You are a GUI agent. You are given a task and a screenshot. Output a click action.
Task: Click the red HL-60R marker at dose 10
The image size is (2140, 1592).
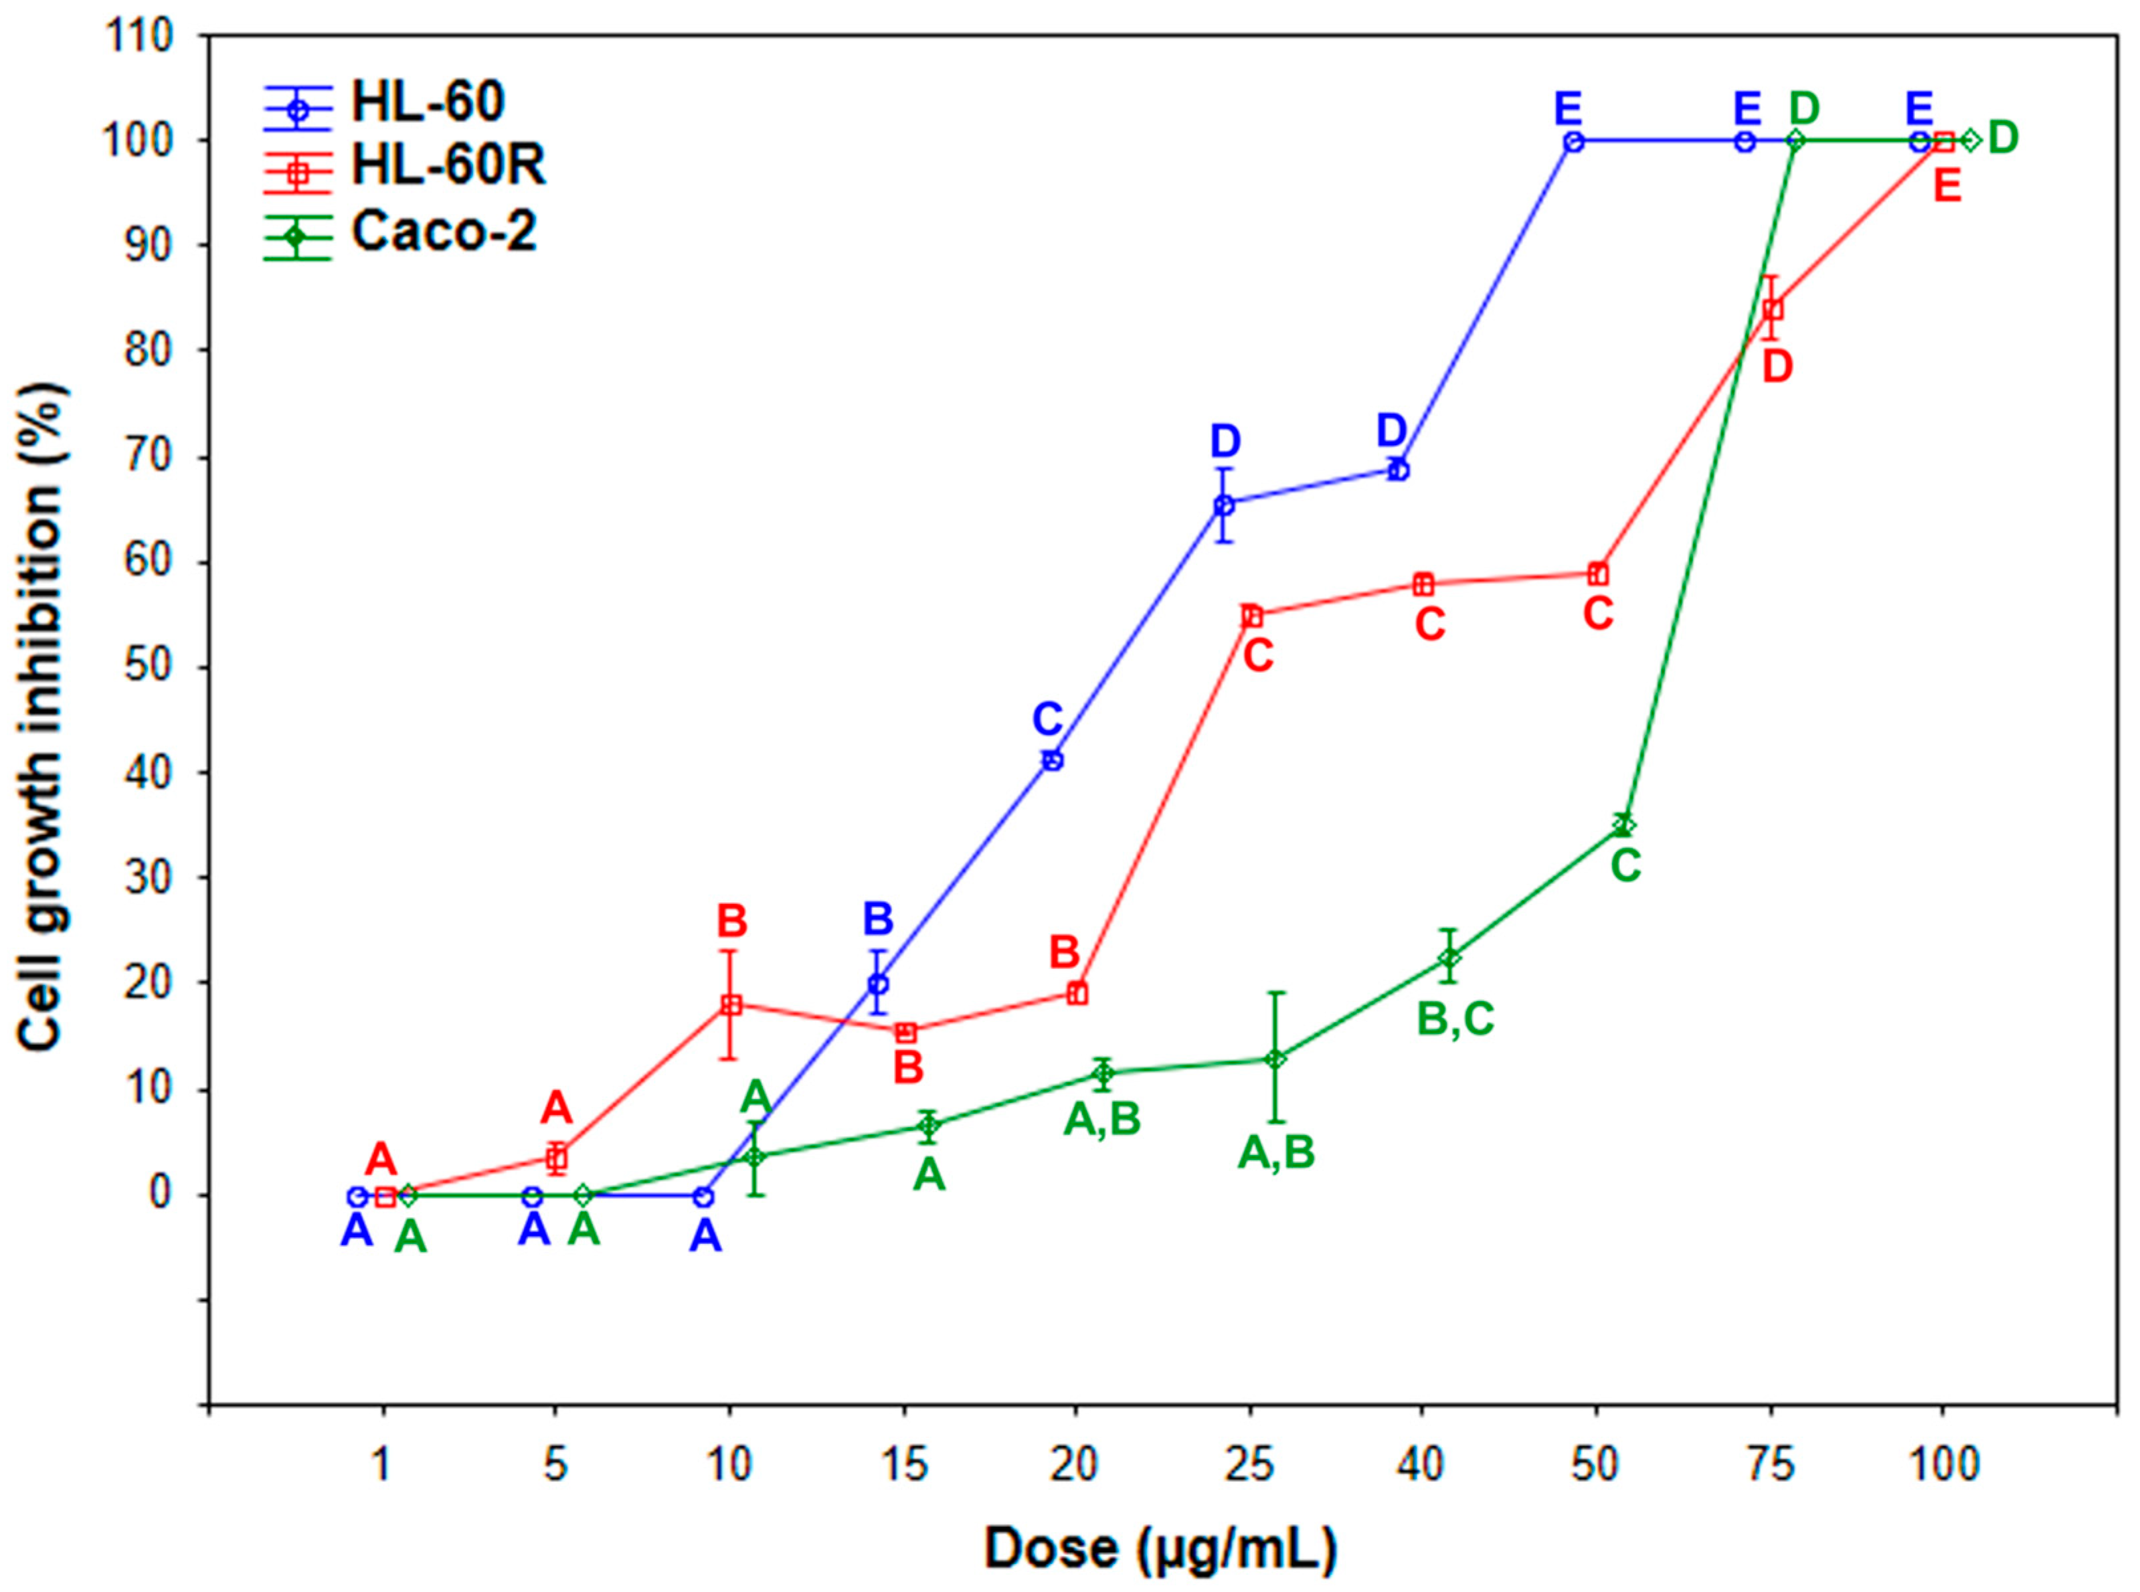click(x=731, y=1004)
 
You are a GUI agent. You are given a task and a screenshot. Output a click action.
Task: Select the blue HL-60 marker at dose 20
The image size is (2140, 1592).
click(x=1053, y=760)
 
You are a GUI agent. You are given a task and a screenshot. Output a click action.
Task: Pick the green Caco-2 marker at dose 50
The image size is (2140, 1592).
click(x=1625, y=825)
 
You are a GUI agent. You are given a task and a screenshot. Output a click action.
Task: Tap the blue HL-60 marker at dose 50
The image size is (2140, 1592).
click(x=1573, y=141)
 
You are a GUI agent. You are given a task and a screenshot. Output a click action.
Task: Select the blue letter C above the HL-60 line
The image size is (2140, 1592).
click(x=1047, y=720)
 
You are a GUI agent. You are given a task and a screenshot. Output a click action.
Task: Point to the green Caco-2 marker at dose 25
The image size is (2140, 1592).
click(x=1275, y=1059)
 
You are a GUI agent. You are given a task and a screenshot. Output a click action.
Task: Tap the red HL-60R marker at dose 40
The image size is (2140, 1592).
click(x=1423, y=585)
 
